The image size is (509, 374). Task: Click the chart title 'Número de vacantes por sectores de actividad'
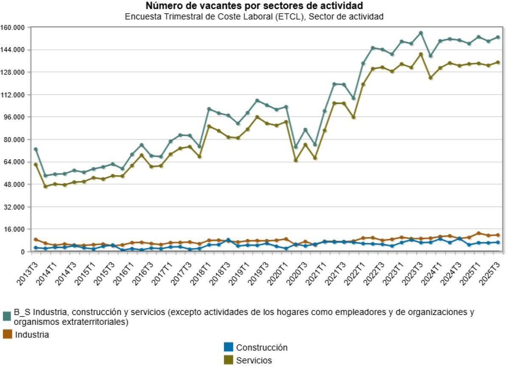click(x=254, y=6)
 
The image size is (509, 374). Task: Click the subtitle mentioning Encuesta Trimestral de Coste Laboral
click(x=254, y=17)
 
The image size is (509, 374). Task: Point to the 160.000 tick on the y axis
click(x=14, y=28)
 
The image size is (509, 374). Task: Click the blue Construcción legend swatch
click(x=229, y=347)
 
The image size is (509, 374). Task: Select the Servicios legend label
click(x=254, y=360)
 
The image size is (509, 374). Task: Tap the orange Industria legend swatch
click(x=7, y=335)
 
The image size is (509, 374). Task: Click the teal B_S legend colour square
click(x=7, y=316)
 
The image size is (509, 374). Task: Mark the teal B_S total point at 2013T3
click(x=36, y=149)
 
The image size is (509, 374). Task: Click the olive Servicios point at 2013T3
click(x=36, y=164)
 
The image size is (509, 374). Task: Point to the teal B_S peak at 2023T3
click(x=421, y=33)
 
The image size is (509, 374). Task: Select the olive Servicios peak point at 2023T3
click(x=421, y=54)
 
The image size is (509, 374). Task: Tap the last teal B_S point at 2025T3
click(x=498, y=37)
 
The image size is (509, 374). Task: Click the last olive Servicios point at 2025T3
click(x=498, y=62)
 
